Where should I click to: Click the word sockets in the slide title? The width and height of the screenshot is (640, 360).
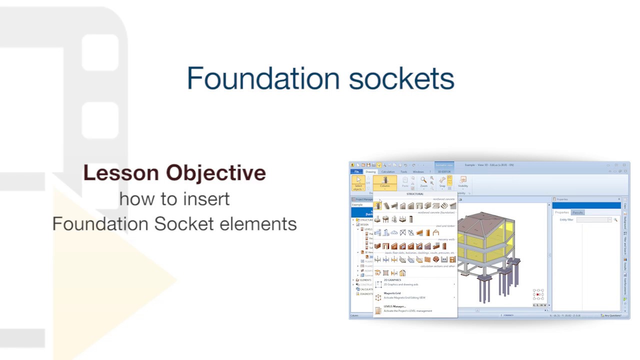401,79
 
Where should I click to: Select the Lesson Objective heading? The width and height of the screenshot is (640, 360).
174,173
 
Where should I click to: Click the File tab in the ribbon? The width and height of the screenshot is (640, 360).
356,171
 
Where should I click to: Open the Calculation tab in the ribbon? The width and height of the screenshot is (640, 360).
388,171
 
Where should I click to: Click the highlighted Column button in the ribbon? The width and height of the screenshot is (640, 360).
384,182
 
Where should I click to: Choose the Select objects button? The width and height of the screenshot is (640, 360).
358,183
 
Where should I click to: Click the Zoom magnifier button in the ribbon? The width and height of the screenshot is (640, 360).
423,182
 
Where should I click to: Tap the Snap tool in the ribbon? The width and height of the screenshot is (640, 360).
442,182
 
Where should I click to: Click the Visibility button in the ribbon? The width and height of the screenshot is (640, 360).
463,182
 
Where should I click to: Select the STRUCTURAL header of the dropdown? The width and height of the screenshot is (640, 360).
414,194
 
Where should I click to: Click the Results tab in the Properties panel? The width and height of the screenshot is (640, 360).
577,212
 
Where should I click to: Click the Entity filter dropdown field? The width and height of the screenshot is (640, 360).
593,220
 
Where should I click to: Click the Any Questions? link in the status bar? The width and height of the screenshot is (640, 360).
612,315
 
